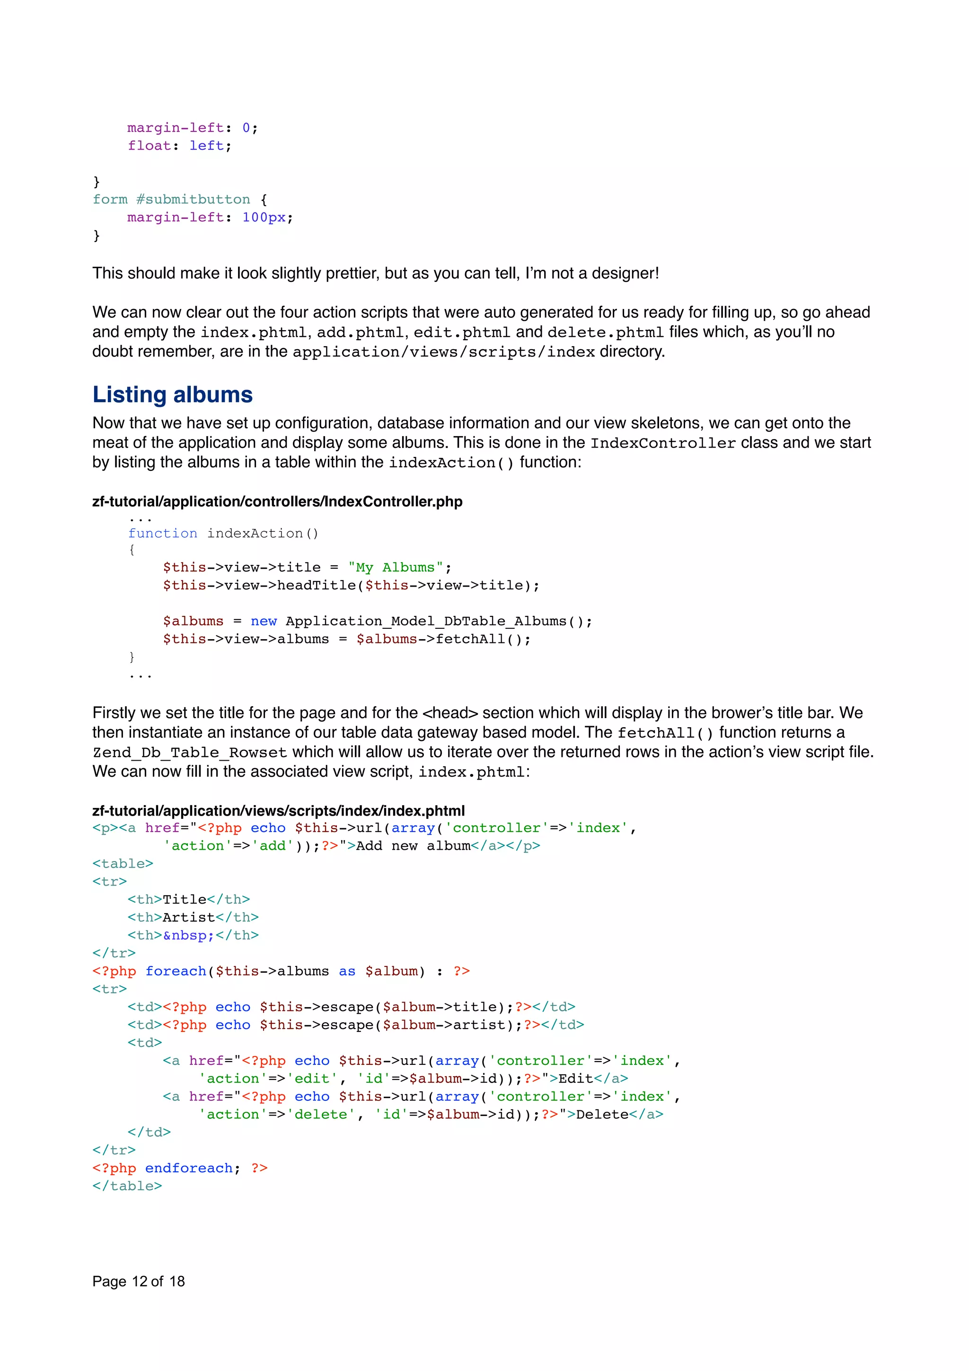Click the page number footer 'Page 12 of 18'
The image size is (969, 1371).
(x=139, y=1282)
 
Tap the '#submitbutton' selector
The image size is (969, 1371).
(x=193, y=200)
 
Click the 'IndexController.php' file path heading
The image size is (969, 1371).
(x=277, y=501)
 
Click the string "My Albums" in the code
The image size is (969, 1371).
(x=396, y=567)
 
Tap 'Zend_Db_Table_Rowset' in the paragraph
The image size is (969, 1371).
(x=190, y=752)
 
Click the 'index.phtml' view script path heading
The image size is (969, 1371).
(x=278, y=811)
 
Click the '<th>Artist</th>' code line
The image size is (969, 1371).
(x=193, y=917)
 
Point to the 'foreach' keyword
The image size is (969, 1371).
(x=176, y=971)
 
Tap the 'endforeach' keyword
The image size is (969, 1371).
(x=189, y=1168)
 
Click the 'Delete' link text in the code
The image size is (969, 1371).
(x=602, y=1114)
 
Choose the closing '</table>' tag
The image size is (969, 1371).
(x=127, y=1186)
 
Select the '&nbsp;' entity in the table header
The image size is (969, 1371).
(x=189, y=935)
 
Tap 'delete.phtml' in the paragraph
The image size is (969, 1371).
(x=605, y=333)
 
